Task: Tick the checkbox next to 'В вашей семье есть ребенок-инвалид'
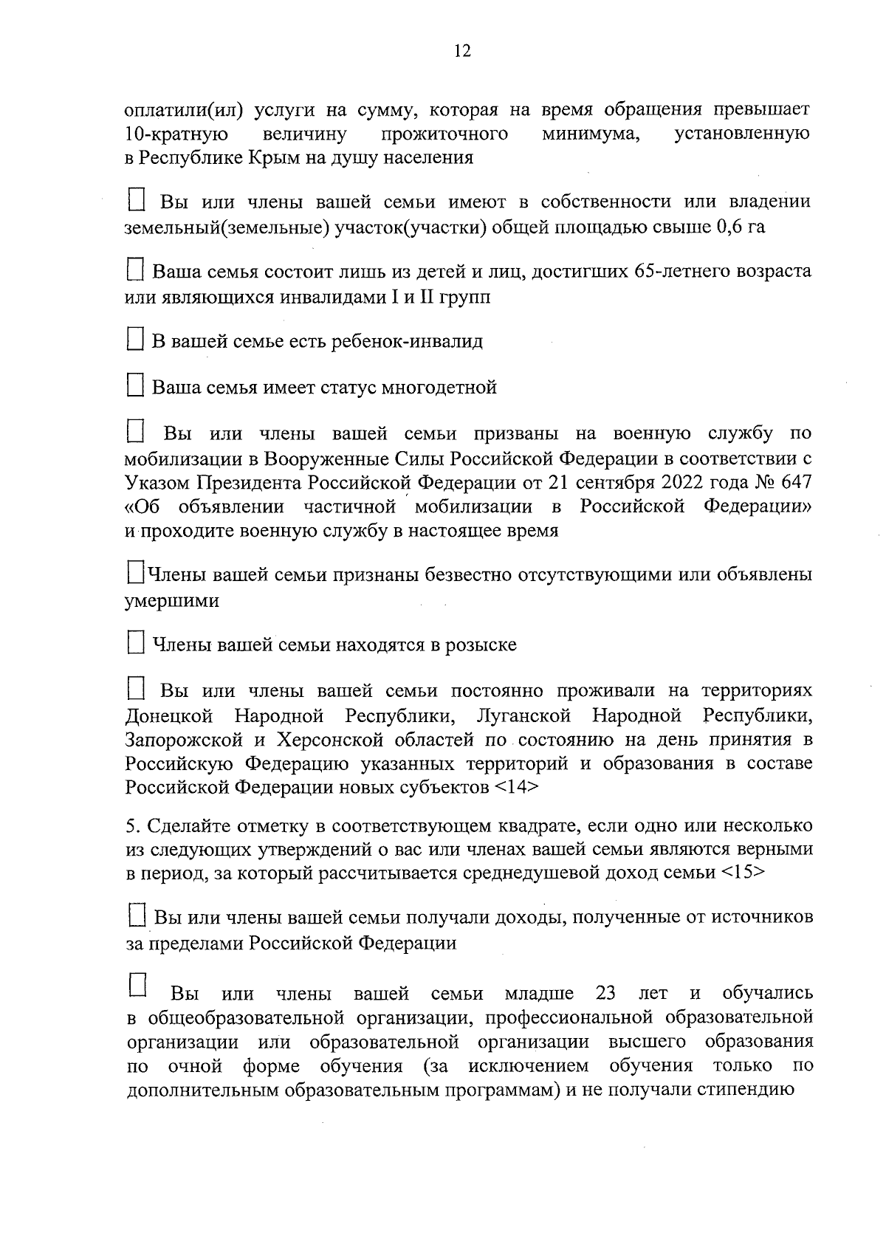(134, 340)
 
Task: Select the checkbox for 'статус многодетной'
(134, 385)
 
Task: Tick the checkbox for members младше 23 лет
(138, 985)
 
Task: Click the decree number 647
(795, 482)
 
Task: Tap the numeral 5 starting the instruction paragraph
(129, 825)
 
